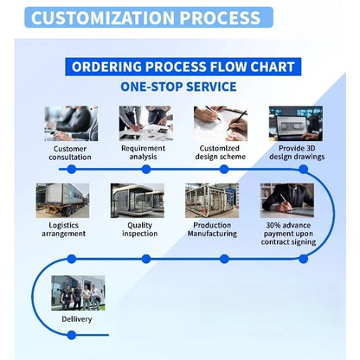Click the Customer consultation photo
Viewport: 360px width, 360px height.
(x=71, y=124)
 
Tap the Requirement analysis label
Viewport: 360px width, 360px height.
(x=143, y=152)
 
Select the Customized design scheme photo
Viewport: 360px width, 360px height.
(x=221, y=124)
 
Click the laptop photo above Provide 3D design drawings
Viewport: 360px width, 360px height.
(x=296, y=124)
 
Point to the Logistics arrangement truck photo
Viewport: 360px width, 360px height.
(x=62, y=201)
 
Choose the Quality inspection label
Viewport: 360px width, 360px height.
(x=140, y=229)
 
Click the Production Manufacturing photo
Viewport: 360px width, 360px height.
(x=212, y=201)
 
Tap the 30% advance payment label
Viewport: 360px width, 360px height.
(x=288, y=234)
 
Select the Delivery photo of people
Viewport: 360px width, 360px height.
(x=78, y=293)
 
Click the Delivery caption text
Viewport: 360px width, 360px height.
(x=77, y=319)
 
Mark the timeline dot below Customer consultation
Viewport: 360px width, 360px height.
(x=72, y=170)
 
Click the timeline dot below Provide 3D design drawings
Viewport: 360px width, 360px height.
(x=304, y=170)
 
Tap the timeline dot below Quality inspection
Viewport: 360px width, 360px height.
(x=146, y=259)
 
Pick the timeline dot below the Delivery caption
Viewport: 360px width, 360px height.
(x=72, y=335)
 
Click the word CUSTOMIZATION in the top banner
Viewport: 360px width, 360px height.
(x=103, y=18)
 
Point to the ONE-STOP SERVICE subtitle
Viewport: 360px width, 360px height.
(x=178, y=87)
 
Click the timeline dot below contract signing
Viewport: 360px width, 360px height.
(x=304, y=259)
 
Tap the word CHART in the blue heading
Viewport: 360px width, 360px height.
(x=273, y=67)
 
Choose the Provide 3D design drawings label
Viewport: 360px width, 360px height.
(x=297, y=152)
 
